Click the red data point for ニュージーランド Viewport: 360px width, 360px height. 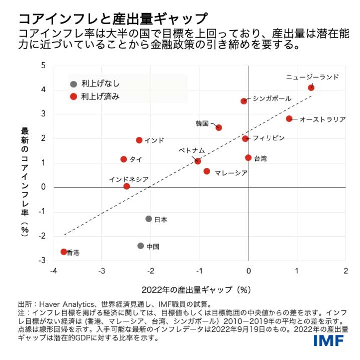pos(311,87)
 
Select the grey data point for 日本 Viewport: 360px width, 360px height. pos(148,219)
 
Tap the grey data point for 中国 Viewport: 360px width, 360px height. pos(141,246)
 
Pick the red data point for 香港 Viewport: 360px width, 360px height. pos(64,252)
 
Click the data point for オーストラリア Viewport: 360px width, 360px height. pos(289,118)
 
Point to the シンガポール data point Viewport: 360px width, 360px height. pos(244,101)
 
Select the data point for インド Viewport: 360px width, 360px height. pos(139,140)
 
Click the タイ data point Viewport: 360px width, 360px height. pos(124,159)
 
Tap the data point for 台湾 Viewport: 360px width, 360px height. pos(248,157)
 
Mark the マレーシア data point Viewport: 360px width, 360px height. pos(207,171)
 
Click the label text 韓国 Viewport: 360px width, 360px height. pos(202,123)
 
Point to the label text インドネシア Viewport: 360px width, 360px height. pos(128,178)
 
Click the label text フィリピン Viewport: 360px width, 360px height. pos(269,137)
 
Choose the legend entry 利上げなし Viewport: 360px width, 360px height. pos(100,84)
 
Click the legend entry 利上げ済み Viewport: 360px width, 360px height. pos(100,96)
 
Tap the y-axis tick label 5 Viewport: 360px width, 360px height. pos(43,65)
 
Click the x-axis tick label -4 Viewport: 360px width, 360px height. pos(54,271)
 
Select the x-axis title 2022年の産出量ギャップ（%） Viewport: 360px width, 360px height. pos(196,289)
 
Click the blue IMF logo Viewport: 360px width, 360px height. pos(328,341)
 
